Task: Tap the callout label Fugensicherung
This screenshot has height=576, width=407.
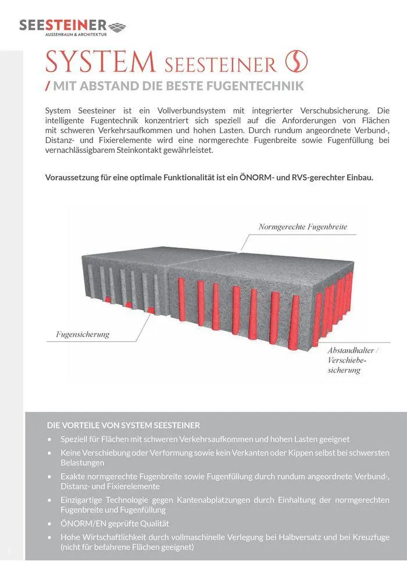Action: (83, 334)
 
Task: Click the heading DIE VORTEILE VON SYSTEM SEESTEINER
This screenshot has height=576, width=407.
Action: (123, 425)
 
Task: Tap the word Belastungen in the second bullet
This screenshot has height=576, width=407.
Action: (83, 463)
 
